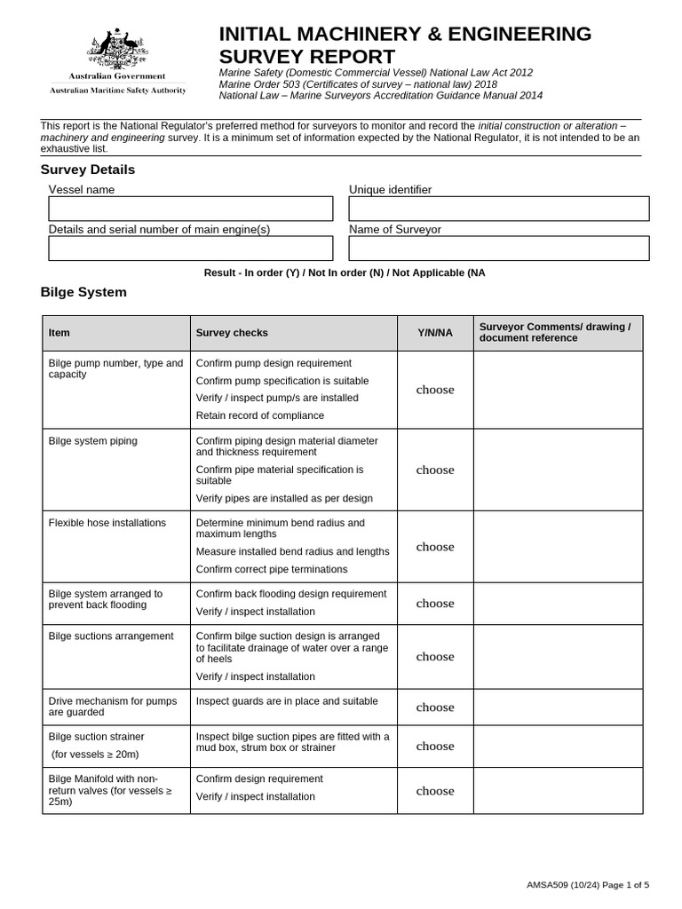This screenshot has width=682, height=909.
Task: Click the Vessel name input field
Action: coord(190,209)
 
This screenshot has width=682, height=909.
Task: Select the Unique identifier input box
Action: coord(498,209)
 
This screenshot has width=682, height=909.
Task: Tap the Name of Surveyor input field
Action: coord(498,249)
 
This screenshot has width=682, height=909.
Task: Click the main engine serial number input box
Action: coord(190,249)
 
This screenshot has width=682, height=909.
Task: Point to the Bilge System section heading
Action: coord(83,292)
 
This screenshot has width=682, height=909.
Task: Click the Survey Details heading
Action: coord(88,170)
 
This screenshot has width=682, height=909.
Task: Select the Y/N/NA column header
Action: coord(435,333)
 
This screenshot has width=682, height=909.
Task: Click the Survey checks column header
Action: coord(232,333)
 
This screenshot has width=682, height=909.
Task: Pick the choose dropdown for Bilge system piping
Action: coord(435,470)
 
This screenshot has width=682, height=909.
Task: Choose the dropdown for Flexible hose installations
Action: coord(435,547)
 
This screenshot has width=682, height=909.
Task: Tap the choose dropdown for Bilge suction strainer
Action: coord(435,747)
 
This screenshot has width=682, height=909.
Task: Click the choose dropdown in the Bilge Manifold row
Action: coord(435,791)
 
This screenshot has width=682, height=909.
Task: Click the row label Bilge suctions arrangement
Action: coord(111,636)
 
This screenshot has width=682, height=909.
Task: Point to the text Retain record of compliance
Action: coord(259,415)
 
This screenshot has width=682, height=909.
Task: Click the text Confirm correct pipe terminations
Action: coord(272,569)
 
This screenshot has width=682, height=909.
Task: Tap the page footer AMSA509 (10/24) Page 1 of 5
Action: coord(588,884)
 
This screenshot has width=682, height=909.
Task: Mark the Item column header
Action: coord(59,333)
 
